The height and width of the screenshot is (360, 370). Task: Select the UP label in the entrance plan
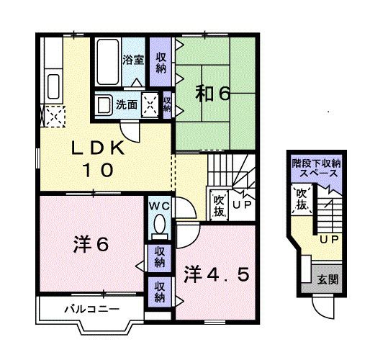(x=330, y=239)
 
